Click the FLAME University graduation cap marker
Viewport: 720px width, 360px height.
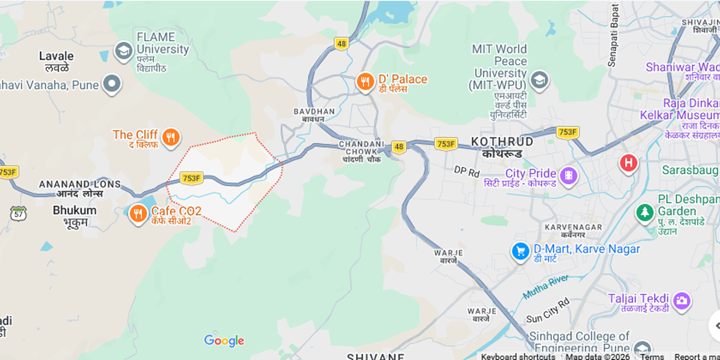(x=123, y=51)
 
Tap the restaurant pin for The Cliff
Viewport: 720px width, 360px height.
(x=171, y=137)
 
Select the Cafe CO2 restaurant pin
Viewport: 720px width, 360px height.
(x=138, y=213)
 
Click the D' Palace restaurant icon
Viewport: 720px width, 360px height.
(x=365, y=82)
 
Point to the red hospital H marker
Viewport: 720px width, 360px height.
(x=628, y=163)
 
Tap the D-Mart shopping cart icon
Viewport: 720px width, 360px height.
(x=521, y=252)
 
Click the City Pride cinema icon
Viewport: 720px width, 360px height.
(x=569, y=175)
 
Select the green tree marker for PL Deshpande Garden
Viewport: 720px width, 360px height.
(x=644, y=212)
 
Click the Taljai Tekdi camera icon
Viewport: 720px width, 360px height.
(x=682, y=301)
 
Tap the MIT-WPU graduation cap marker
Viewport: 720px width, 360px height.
(x=539, y=81)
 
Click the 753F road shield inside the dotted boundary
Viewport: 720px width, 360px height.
(x=191, y=178)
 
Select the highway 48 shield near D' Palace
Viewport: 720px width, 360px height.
(x=342, y=44)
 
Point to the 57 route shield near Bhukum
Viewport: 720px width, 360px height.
(x=18, y=214)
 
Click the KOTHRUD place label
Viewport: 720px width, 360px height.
(x=502, y=142)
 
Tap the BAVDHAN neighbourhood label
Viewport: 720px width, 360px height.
(x=314, y=112)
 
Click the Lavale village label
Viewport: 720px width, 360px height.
(x=56, y=56)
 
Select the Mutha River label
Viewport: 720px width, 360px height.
(x=545, y=287)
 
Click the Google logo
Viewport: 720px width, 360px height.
(x=224, y=341)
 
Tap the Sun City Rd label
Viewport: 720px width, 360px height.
(x=548, y=311)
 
